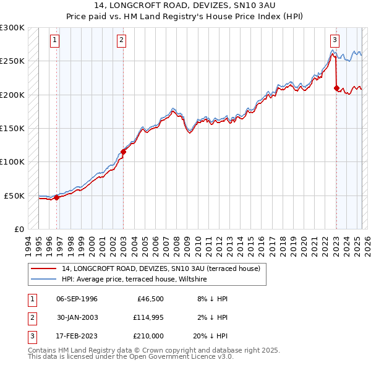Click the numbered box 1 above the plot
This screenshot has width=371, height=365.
pos(55,40)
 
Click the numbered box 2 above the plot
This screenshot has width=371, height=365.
pos(122,40)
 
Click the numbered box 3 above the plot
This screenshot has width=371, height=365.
pos(335,40)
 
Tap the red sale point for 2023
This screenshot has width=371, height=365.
pos(336,88)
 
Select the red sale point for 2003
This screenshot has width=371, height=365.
pos(123,152)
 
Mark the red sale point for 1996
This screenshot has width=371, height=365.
pos(56,198)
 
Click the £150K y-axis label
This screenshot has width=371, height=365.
pos(12,128)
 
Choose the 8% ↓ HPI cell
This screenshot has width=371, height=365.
pos(213,299)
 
